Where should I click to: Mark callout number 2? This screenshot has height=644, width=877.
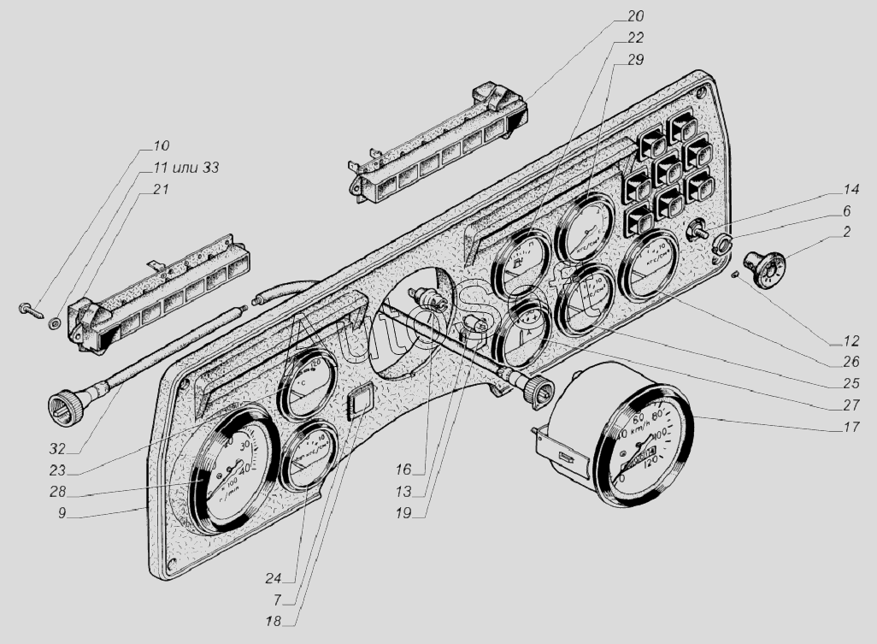(x=845, y=233)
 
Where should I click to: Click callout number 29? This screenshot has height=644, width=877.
(x=635, y=60)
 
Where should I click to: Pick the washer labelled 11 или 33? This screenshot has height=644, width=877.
(x=55, y=322)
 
